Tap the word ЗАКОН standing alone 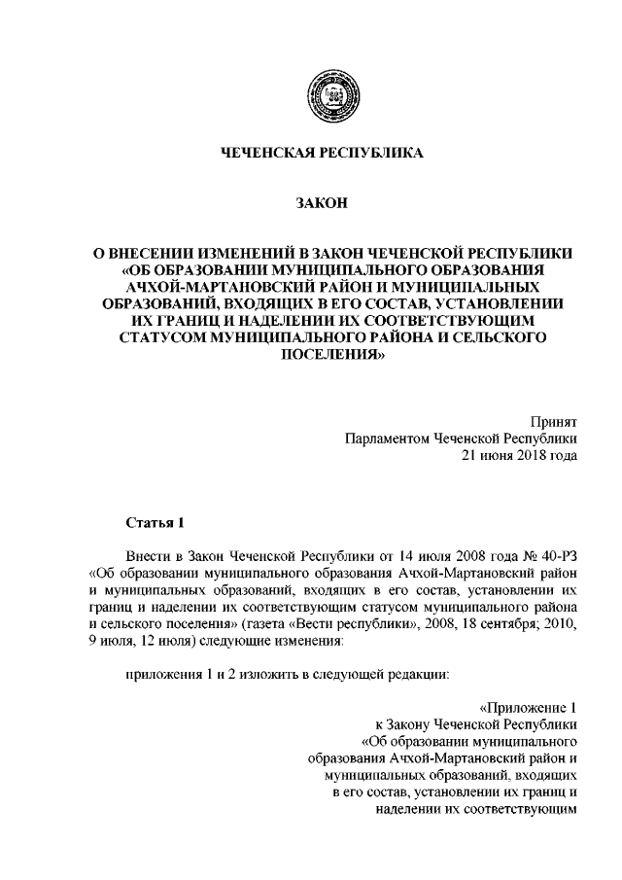pyautogui.click(x=322, y=203)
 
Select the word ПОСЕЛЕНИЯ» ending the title pyautogui.click(x=322, y=355)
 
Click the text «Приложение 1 pyautogui.click(x=530, y=708)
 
